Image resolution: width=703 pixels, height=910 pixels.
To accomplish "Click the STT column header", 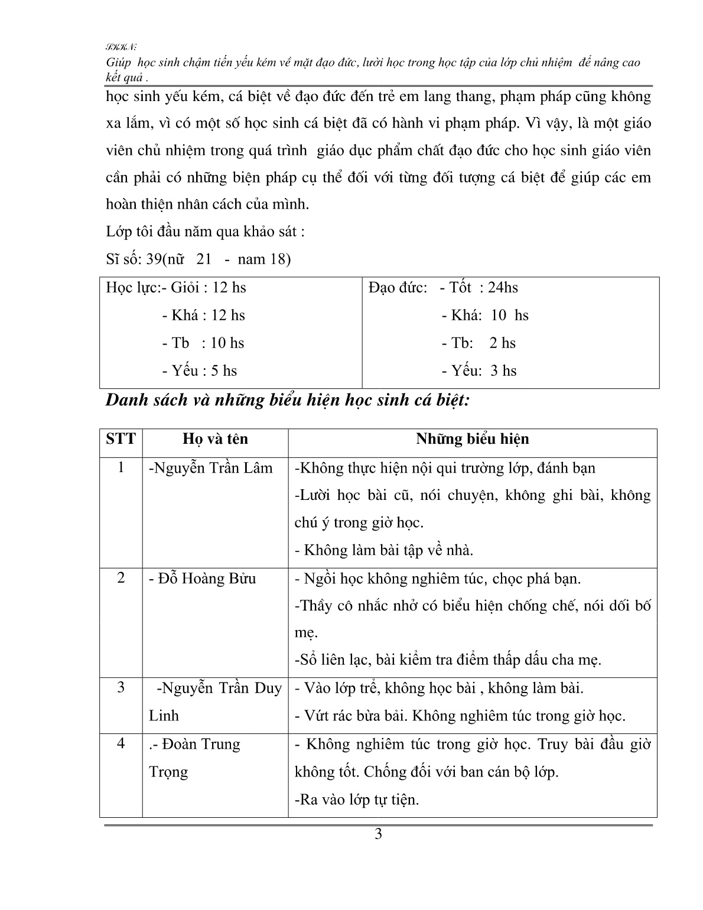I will click(121, 439).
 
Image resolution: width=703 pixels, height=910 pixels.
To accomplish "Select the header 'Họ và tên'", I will click(215, 439).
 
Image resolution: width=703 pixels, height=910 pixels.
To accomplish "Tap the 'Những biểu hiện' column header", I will click(472, 439).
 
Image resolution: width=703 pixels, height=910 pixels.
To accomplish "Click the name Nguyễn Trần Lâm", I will click(211, 468).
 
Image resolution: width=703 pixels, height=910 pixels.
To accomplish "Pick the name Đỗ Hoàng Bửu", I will click(203, 578).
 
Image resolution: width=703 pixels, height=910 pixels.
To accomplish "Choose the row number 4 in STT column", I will click(121, 743).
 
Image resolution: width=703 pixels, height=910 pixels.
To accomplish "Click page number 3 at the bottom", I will click(379, 834).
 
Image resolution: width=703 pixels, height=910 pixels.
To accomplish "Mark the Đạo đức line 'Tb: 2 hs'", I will click(479, 343).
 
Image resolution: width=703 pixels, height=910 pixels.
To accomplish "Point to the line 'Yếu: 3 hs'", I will click(479, 371).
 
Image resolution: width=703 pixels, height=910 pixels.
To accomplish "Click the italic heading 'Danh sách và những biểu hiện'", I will click(287, 401).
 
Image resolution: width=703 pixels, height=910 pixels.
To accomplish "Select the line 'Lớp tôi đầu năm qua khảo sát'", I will click(205, 232).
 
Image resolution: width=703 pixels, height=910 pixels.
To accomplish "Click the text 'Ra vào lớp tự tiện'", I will click(356, 800).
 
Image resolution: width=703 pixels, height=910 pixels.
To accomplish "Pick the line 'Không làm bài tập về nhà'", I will click(384, 550).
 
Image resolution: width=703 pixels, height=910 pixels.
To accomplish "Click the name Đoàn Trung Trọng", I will click(195, 758).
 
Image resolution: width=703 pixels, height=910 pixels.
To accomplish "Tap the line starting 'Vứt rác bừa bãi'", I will click(460, 716).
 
